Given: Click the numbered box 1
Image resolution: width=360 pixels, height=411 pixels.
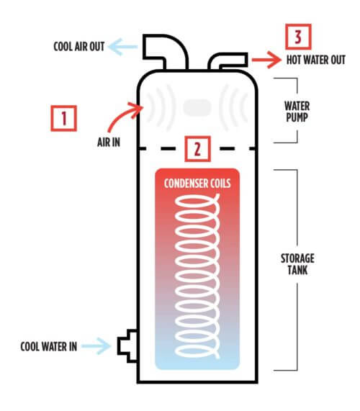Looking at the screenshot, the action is [x=63, y=118].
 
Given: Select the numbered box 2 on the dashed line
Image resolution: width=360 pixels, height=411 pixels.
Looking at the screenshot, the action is [x=198, y=149].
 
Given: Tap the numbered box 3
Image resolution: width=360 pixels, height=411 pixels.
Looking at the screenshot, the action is [x=298, y=37].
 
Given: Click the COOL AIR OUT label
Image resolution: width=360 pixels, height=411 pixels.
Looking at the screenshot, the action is [x=79, y=47].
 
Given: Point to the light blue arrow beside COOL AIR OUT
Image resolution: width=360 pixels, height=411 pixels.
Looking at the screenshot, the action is [x=122, y=47].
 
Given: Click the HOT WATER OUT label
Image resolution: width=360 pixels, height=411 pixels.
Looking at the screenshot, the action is [x=316, y=60].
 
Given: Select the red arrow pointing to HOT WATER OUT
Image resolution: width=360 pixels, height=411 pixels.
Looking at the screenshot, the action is [x=266, y=60].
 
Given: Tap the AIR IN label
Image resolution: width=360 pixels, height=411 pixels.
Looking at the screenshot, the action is [x=109, y=143].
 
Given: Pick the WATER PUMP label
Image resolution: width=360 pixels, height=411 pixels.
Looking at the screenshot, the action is [x=297, y=112].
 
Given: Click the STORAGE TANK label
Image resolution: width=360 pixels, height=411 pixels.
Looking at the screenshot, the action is [x=297, y=264].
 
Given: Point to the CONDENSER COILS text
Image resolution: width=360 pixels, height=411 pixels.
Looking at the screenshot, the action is [x=197, y=184].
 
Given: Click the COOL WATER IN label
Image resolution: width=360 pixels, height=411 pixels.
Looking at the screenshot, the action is [x=49, y=346].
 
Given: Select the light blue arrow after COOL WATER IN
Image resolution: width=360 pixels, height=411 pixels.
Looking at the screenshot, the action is [x=96, y=346].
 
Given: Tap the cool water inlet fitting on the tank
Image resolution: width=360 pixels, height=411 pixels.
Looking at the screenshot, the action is [x=127, y=346].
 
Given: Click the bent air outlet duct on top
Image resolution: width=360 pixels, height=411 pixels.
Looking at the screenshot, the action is [x=165, y=52].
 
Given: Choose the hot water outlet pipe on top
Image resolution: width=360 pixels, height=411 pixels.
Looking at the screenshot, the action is [x=228, y=61].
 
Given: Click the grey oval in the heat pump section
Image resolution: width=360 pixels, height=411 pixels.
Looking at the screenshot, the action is [x=197, y=108].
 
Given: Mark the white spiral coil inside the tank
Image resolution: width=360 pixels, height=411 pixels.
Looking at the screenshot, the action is [x=197, y=276].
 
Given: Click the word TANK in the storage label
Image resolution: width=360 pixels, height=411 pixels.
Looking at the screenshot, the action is [x=297, y=270].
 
